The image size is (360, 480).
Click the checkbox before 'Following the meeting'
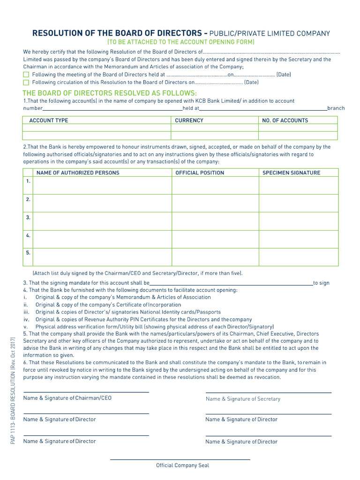(26, 75)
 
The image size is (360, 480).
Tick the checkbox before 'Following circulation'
(26, 82)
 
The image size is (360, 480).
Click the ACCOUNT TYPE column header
(49, 120)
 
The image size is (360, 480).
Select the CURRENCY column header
(189, 120)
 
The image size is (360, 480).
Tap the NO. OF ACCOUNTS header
(285, 120)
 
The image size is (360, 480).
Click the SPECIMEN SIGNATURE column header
(291, 173)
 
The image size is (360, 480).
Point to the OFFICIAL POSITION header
(200, 173)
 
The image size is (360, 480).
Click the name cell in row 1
(102, 185)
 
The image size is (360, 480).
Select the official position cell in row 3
(215, 221)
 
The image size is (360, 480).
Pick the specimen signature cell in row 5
(299, 257)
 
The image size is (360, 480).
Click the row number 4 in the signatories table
(28, 235)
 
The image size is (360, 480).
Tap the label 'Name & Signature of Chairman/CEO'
(67, 398)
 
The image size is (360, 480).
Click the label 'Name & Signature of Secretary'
(243, 399)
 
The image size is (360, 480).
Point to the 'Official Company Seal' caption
(182, 465)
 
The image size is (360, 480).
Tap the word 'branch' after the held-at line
(336, 108)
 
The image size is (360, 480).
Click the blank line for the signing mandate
(231, 283)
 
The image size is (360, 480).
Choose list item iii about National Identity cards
(128, 312)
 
